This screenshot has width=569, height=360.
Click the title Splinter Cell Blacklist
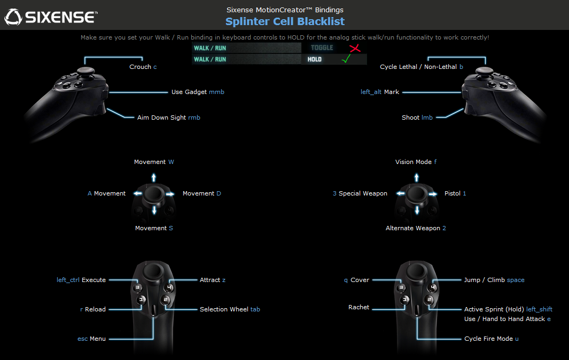tap(285, 21)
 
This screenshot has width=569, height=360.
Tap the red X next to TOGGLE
tap(355, 48)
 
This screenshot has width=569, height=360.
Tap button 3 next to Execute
tap(137, 287)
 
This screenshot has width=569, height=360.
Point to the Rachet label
tap(358, 308)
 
